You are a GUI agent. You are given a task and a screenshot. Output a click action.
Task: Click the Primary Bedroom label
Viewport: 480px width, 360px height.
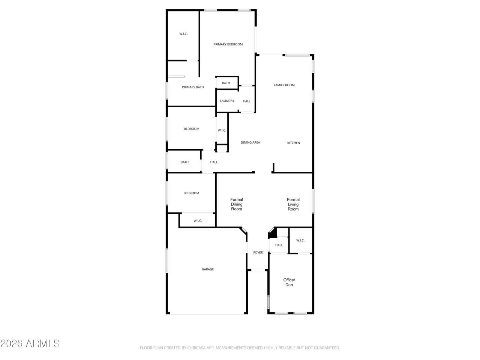(228, 44)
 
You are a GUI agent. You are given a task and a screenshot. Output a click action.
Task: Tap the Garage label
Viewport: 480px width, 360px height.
(207, 269)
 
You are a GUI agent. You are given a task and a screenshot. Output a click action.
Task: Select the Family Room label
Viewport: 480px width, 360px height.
(284, 85)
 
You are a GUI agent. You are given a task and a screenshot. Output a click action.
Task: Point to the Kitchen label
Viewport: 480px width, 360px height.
(294, 143)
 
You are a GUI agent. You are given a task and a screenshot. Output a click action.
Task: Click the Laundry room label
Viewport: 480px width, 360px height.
(227, 101)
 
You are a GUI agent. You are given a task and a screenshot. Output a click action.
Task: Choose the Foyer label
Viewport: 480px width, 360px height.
(258, 252)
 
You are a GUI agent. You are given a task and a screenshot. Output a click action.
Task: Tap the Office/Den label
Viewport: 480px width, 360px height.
(289, 282)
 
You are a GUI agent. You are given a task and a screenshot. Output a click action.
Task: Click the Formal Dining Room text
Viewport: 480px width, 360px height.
(237, 204)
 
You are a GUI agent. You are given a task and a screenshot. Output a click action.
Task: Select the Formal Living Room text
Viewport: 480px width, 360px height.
(293, 204)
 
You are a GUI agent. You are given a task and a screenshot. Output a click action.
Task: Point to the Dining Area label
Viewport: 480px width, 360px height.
(250, 142)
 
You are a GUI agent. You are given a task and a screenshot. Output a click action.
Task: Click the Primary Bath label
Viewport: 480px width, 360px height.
(193, 87)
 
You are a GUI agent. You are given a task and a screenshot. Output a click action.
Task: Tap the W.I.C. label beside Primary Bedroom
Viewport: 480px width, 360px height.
(183, 34)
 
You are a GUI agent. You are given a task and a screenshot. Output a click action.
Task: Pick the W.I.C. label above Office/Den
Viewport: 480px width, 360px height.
(300, 240)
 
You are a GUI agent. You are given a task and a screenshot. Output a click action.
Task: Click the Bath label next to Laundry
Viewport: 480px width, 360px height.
(226, 83)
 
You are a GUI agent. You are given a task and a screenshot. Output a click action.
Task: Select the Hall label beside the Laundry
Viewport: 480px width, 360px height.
(246, 101)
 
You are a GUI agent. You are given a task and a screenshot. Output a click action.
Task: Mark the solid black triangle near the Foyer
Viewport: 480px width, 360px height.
(273, 233)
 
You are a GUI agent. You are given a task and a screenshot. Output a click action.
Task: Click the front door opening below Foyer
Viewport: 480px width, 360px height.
(258, 270)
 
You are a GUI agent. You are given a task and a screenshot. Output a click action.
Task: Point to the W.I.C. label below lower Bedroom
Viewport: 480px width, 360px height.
(198, 221)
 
